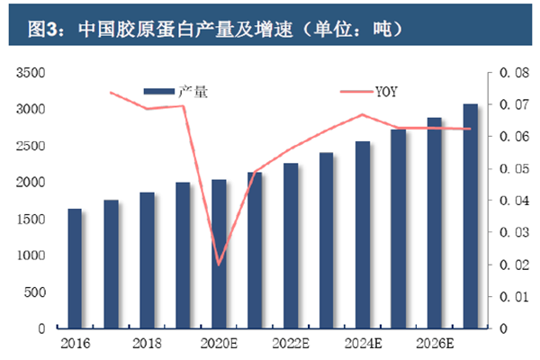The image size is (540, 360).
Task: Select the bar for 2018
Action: (147, 260)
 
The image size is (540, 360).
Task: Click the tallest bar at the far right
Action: (471, 216)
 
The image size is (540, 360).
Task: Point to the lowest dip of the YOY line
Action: (219, 265)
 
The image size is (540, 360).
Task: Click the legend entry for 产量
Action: (176, 90)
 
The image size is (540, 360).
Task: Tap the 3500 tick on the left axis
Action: (32, 73)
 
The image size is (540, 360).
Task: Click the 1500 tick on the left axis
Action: (32, 220)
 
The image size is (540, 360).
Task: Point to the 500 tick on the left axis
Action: (36, 292)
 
